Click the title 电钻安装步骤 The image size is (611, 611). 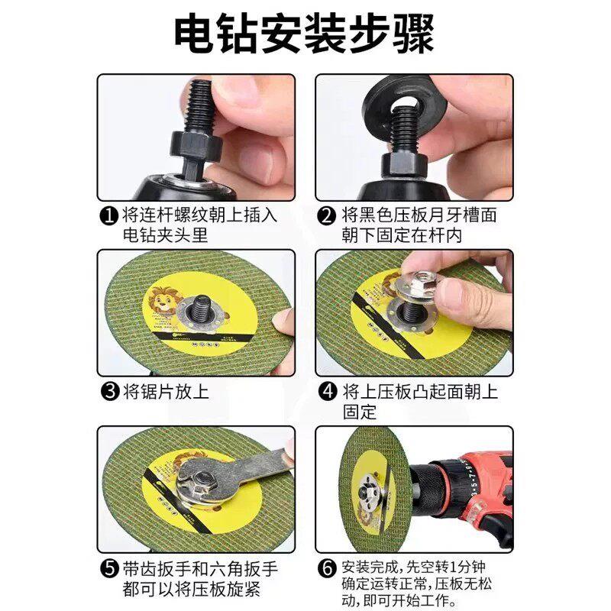tap(304, 34)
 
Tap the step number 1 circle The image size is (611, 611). tap(109, 215)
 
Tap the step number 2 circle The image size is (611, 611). tap(327, 215)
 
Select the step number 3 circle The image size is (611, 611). tap(110, 391)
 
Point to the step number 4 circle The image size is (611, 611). tap(328, 391)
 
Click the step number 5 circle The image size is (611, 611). tap(110, 568)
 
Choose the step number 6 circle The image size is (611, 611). tap(328, 568)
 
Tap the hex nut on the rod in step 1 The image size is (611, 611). tap(196, 145)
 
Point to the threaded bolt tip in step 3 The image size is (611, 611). tap(202, 303)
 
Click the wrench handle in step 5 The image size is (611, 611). tap(265, 463)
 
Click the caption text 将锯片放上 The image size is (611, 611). tap(166, 391)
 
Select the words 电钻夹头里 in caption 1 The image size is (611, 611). tap(165, 235)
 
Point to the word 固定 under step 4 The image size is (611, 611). tap(360, 412)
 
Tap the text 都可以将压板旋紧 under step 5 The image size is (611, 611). tap(192, 589)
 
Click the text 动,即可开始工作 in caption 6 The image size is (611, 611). tap(399, 600)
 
